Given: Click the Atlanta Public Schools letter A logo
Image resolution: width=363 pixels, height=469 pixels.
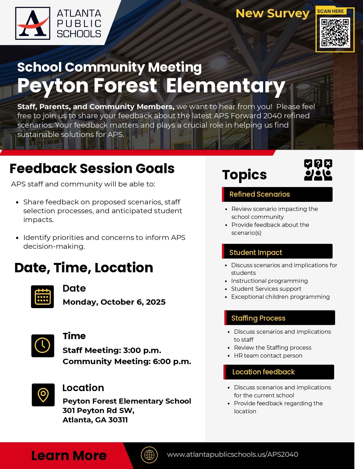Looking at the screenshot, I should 32,23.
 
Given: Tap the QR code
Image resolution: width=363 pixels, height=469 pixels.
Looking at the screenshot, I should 335,32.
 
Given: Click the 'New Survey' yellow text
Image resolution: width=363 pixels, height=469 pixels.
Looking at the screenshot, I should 272,13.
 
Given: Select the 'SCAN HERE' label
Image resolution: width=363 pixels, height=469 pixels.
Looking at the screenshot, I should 330,11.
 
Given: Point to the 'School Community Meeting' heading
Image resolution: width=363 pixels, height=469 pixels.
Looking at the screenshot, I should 109,67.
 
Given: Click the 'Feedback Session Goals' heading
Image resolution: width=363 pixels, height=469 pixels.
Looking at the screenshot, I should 92,168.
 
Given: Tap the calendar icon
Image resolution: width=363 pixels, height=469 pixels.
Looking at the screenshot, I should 42,297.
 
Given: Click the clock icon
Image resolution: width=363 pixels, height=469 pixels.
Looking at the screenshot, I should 42,346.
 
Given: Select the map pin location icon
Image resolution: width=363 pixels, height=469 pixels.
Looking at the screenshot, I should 43,395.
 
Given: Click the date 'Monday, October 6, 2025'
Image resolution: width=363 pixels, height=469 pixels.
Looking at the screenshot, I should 114,302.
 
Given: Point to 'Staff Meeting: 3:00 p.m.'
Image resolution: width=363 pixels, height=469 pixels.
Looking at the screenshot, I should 112,350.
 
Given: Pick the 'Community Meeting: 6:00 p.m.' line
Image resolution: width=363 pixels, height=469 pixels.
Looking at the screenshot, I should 127,361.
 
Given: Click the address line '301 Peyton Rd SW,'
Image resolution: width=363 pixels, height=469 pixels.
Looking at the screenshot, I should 98,410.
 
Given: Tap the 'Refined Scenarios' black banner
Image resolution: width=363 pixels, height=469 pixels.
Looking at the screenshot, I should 277,194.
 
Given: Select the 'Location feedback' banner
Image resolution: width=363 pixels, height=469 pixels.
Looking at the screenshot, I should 279,372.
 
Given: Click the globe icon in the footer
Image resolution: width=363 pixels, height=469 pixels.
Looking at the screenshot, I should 149,455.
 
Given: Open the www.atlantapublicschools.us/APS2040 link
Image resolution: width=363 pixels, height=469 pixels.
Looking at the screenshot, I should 232,455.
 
